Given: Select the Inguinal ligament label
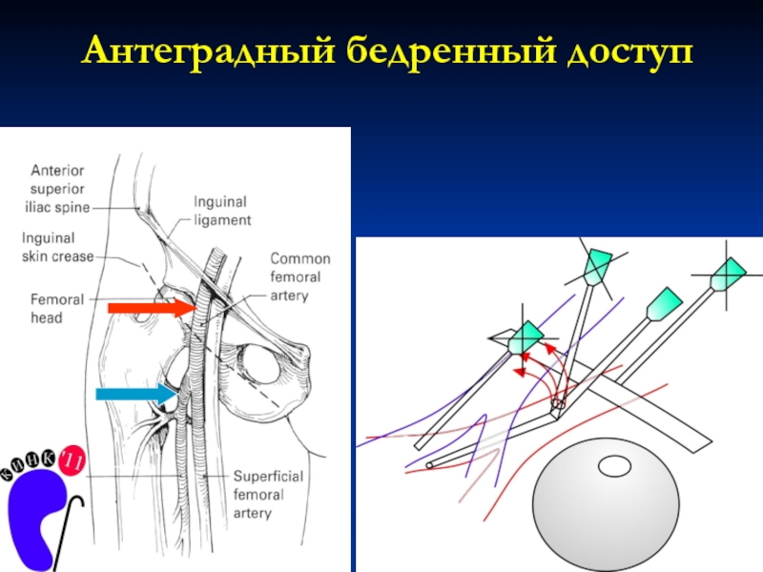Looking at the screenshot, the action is pyautogui.click(x=222, y=211).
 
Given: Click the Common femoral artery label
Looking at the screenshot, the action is pyautogui.click(x=300, y=276).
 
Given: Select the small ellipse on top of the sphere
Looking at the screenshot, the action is pyautogui.click(x=611, y=466).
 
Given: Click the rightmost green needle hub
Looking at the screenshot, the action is pyautogui.click(x=731, y=274).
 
